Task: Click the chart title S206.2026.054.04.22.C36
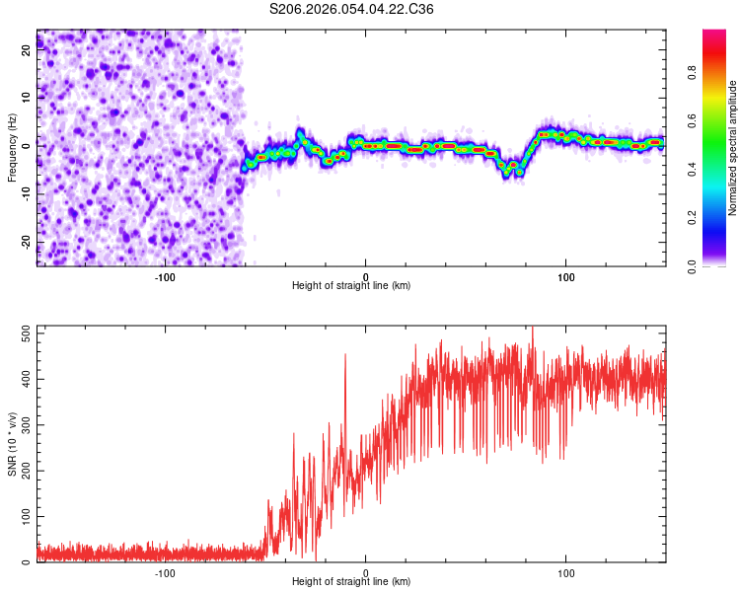352,9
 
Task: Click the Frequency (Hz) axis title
12,148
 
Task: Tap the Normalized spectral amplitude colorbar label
733,149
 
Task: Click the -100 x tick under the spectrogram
165,277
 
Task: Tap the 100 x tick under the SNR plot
566,573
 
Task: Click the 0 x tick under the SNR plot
366,573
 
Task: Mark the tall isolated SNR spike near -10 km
345,357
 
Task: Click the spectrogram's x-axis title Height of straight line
351,286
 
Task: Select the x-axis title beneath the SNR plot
351,582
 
